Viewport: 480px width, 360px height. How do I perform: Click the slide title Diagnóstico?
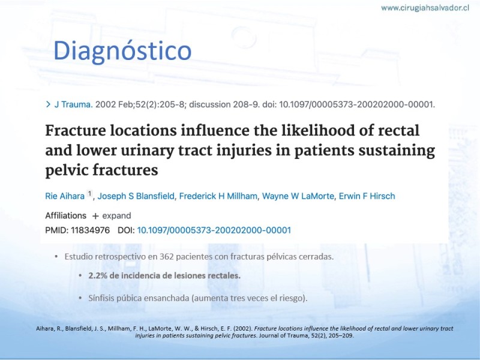122,51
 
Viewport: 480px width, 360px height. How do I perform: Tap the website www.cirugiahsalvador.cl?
425,8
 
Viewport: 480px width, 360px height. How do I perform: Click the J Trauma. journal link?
73,104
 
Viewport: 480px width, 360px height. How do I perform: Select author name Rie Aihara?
65,196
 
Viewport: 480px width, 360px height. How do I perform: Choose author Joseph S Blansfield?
136,196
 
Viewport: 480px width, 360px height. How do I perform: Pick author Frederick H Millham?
218,196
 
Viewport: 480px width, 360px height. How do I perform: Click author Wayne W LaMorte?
298,196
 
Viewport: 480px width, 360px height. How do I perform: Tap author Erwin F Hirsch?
367,196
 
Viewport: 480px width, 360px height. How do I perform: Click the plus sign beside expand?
95,216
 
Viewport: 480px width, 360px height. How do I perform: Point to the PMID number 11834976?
91,230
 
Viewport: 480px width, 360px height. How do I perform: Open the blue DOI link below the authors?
214,230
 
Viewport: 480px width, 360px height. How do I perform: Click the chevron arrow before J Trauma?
48,104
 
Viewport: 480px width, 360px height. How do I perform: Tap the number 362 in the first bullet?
167,257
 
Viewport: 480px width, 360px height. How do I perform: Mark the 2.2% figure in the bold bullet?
98,275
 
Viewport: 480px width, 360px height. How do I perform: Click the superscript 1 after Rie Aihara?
89,193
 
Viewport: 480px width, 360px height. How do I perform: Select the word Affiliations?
66,216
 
